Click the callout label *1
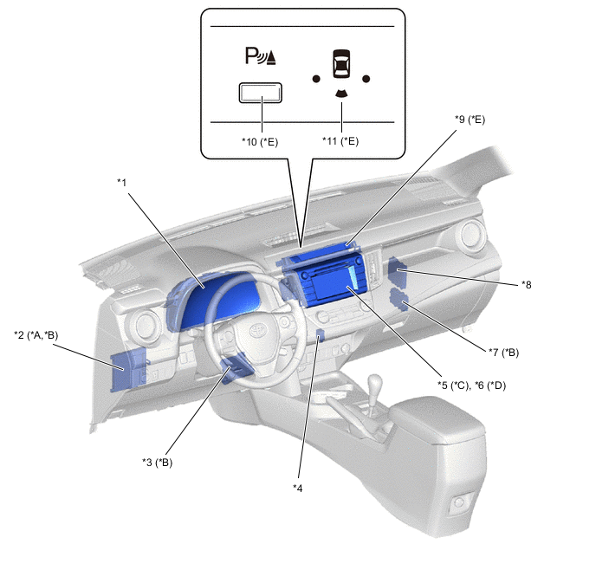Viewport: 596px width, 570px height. pos(121,183)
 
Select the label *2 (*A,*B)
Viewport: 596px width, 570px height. pos(36,335)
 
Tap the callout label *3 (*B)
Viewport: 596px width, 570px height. pos(158,463)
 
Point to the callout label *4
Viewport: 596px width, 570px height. pos(298,489)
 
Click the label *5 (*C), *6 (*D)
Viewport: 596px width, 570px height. pos(472,385)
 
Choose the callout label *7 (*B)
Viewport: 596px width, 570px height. pos(503,353)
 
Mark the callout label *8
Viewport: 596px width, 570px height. pos(527,285)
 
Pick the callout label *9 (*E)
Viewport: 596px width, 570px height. pos(470,120)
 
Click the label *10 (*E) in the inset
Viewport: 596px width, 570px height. pos(260,142)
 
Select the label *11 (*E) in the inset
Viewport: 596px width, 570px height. pos(340,141)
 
